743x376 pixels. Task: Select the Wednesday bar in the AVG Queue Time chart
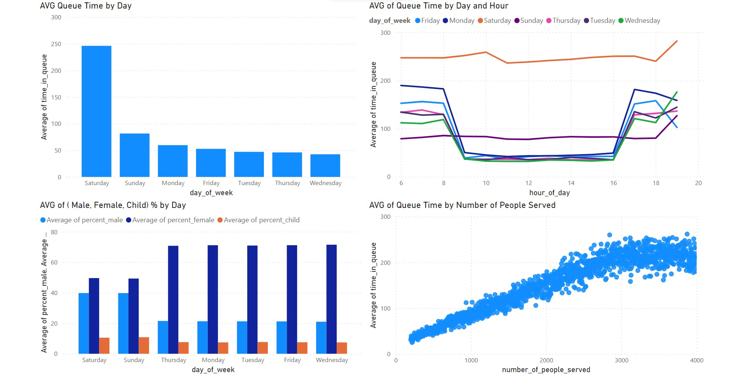pyautogui.click(x=325, y=166)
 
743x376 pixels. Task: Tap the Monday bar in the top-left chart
pyautogui.click(x=173, y=161)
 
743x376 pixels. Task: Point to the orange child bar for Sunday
pyautogui.click(x=144, y=345)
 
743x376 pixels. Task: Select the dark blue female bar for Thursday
pyautogui.click(x=173, y=300)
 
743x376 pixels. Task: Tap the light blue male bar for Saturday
pyautogui.click(x=84, y=323)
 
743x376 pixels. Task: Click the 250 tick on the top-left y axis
pyautogui.click(x=56, y=44)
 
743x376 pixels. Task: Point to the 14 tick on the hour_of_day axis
pyautogui.click(x=571, y=183)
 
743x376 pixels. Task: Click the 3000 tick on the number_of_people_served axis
pyautogui.click(x=621, y=361)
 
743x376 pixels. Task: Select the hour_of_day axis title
pyautogui.click(x=549, y=193)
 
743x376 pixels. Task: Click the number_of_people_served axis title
pyautogui.click(x=546, y=370)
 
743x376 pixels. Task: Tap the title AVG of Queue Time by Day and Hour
pyautogui.click(x=438, y=6)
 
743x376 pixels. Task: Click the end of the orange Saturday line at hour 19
pyautogui.click(x=677, y=41)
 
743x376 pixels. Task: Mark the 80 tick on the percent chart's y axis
pyautogui.click(x=54, y=232)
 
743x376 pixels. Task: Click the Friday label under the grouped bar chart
pyautogui.click(x=292, y=360)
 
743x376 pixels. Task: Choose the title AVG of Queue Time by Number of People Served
pyautogui.click(x=462, y=205)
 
